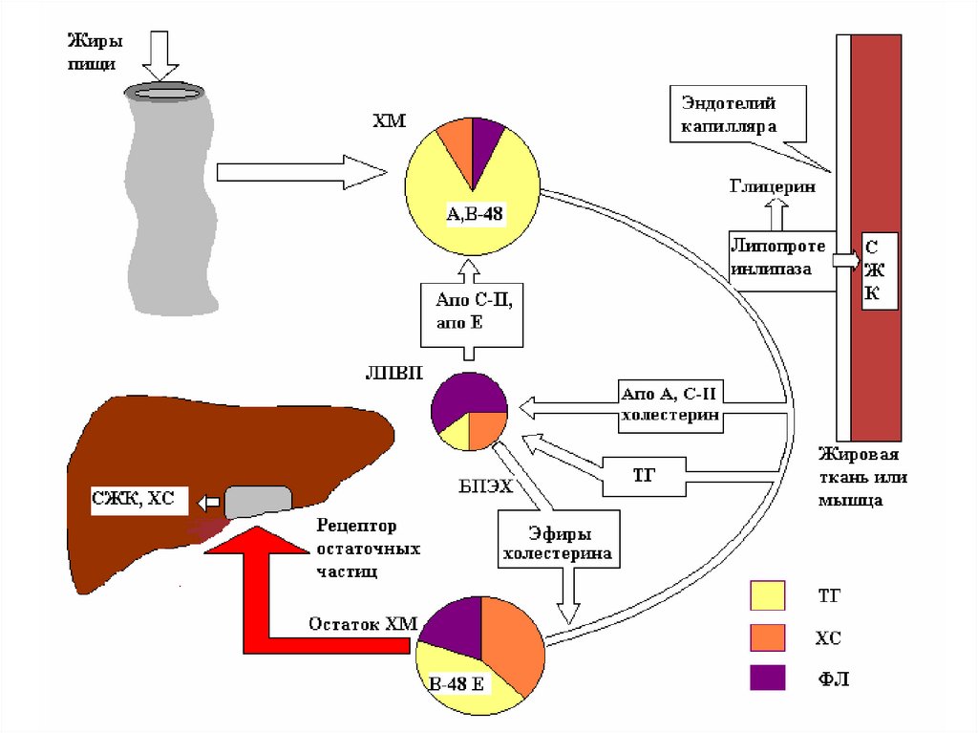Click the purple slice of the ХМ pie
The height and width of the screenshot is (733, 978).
(x=486, y=140)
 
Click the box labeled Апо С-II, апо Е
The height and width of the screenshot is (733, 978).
(x=473, y=312)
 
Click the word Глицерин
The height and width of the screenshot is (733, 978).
(x=772, y=188)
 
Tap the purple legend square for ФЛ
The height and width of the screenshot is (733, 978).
(x=768, y=678)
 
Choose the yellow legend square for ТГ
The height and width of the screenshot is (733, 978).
(x=768, y=595)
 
